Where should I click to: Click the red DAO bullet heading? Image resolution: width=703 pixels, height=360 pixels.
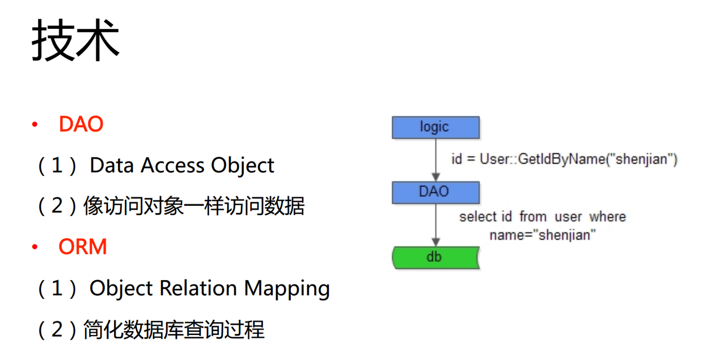pos(81,124)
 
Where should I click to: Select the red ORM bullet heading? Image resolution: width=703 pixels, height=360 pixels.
pos(83,247)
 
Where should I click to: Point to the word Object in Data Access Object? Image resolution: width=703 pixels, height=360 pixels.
pos(243,166)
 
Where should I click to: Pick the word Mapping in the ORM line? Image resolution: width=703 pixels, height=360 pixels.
pos(287,289)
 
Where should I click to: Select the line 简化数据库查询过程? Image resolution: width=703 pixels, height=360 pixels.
pos(173,329)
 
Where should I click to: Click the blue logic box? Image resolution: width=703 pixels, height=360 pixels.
pos(435,127)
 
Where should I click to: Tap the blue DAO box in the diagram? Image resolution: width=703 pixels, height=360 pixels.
pos(435,192)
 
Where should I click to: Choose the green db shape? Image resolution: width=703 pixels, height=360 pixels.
pos(435,257)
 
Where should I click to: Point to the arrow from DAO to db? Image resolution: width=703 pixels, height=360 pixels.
pos(435,225)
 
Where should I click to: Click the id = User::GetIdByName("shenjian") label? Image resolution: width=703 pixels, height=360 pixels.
pos(564,159)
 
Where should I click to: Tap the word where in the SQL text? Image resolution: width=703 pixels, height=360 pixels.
pos(607,217)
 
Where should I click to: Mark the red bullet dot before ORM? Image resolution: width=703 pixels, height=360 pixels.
pos(35,247)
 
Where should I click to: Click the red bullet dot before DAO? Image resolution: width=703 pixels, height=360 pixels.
pos(35,124)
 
